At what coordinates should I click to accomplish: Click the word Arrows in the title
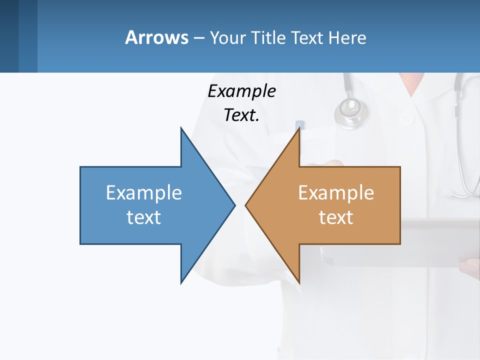click(x=156, y=37)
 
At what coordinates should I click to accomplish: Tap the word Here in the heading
click(x=347, y=37)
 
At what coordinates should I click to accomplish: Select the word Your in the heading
click(x=228, y=37)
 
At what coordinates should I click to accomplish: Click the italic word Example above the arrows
click(x=241, y=91)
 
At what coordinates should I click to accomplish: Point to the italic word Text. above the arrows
click(x=241, y=115)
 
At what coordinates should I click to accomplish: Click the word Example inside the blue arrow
click(x=143, y=193)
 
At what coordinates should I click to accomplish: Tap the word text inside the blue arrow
click(x=143, y=217)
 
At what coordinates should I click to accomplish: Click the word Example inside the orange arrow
click(x=336, y=193)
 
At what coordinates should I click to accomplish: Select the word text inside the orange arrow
click(x=336, y=217)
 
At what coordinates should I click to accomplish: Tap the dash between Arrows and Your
click(x=198, y=38)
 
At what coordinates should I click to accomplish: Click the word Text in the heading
click(x=307, y=37)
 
